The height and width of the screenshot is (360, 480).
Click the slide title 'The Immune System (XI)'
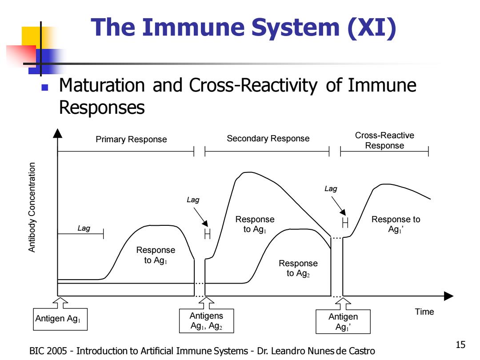(x=244, y=28)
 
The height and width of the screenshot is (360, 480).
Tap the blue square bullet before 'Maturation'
(x=45, y=88)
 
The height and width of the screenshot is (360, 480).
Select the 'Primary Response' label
(x=131, y=139)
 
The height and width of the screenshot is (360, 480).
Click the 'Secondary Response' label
(x=268, y=138)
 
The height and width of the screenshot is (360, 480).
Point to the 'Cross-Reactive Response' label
(x=384, y=140)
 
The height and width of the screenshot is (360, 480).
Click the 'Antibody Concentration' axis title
(x=32, y=207)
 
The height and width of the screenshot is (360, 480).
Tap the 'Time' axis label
(x=424, y=312)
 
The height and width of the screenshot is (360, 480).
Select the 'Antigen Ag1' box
(x=60, y=319)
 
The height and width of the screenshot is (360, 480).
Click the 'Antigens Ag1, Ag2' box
(x=206, y=321)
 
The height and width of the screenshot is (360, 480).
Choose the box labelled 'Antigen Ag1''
(x=343, y=321)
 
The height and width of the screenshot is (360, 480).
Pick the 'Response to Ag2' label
(x=298, y=268)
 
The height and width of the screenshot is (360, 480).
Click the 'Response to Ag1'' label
(x=396, y=224)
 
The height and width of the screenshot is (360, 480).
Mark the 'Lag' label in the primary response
(x=84, y=228)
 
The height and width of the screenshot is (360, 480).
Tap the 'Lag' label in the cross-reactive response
(x=331, y=188)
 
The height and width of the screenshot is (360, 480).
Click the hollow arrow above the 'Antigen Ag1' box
(x=60, y=303)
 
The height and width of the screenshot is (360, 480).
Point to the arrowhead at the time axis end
(x=448, y=296)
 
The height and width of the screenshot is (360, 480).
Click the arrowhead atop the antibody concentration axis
(x=57, y=133)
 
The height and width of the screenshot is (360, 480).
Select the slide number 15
(x=460, y=345)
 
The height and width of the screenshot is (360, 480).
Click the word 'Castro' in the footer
(x=362, y=351)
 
